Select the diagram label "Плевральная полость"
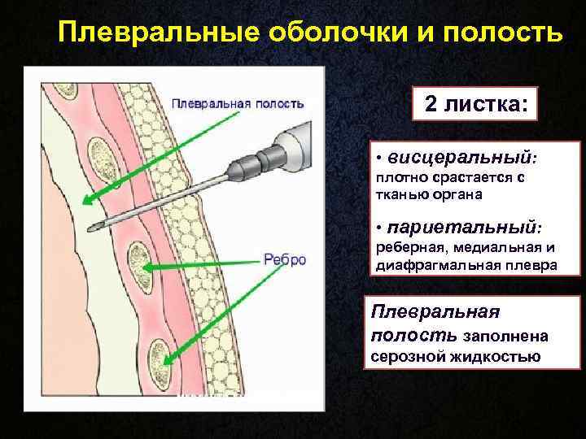[238, 103]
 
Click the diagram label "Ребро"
[285, 259]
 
